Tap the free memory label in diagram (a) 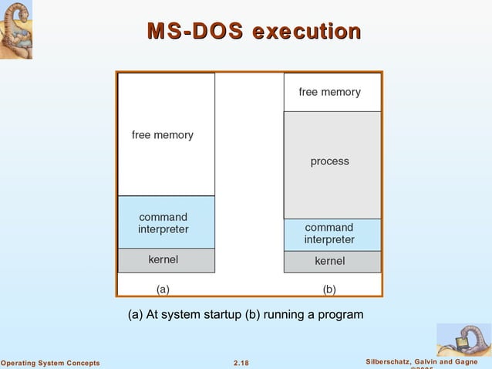point(163,135)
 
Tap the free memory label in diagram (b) point(329,92)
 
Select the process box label point(329,161)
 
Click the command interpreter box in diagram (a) point(166,222)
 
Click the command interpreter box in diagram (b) point(332,234)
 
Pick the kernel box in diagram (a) point(166,260)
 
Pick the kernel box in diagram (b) point(332,261)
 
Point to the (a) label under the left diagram point(163,289)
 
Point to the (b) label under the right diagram point(329,289)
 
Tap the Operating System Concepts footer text point(50,363)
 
